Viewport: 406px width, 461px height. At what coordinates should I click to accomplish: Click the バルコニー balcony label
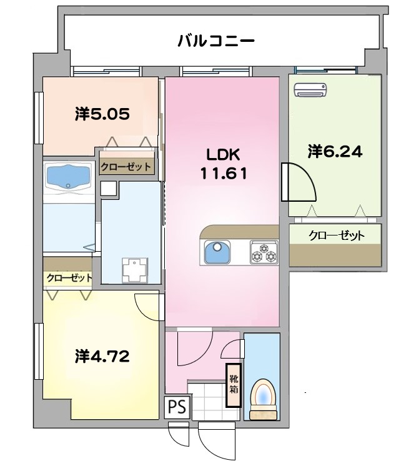(x=215, y=42)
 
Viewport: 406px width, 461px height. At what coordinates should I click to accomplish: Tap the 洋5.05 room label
(x=102, y=114)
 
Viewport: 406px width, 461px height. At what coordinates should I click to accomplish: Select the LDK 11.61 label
(x=223, y=164)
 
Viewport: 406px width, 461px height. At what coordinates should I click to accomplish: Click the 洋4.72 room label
(x=102, y=357)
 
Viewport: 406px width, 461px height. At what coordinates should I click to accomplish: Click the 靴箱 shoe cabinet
(x=233, y=385)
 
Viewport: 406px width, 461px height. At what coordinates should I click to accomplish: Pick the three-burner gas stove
(x=263, y=252)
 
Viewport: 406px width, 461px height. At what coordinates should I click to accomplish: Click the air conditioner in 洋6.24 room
(x=310, y=91)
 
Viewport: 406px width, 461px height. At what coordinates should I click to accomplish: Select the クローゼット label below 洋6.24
(x=336, y=236)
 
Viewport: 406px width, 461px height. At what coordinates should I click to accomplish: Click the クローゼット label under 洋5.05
(x=126, y=167)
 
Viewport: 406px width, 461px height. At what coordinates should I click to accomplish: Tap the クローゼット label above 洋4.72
(x=68, y=278)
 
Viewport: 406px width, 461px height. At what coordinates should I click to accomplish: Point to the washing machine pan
(x=134, y=269)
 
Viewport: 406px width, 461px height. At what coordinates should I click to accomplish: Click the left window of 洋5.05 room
(x=39, y=115)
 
